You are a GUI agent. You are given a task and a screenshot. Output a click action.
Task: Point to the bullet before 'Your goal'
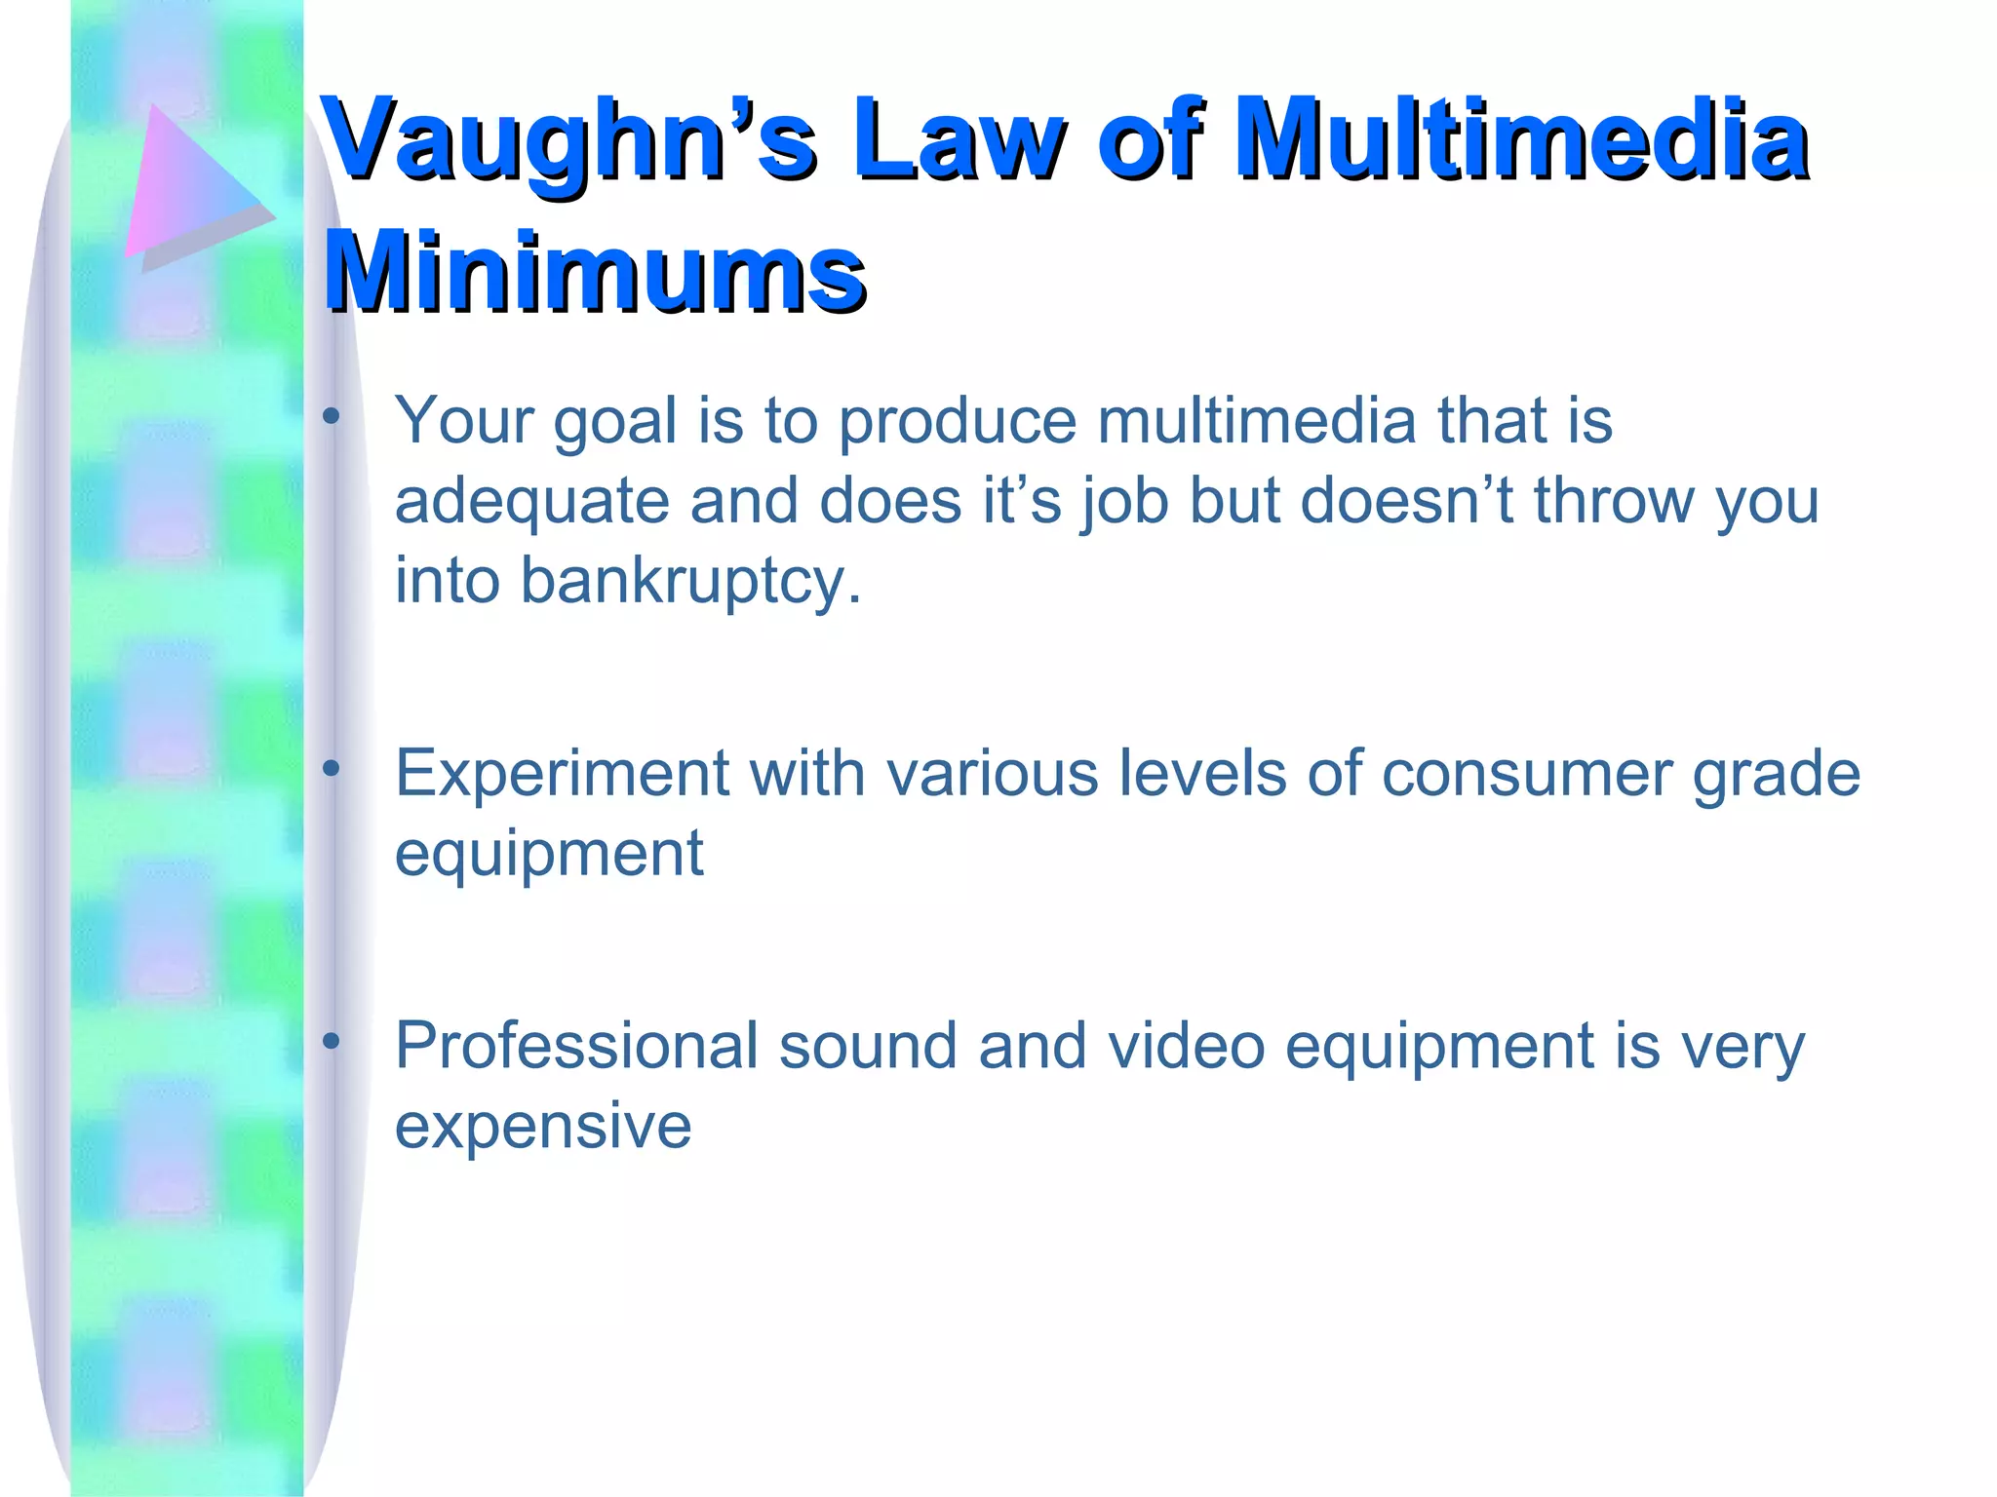332,417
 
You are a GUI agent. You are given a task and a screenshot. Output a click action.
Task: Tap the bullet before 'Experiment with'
332,770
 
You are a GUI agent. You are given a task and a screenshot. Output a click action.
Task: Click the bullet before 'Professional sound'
332,1042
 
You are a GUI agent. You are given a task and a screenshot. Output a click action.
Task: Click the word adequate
530,503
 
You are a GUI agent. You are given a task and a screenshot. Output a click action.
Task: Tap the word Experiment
561,775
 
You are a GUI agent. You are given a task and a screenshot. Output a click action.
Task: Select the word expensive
542,1127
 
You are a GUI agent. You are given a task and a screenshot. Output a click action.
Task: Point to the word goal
614,423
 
